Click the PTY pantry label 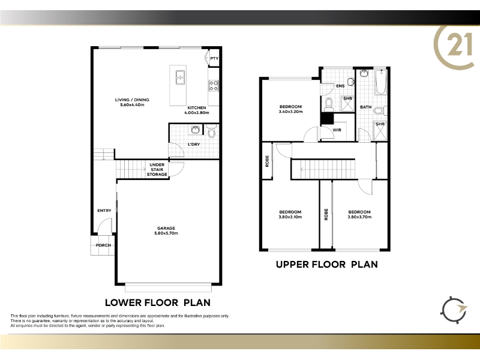tap(214, 58)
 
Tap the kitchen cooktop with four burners tap(214, 86)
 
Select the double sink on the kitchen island tap(179, 77)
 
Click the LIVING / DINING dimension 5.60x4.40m tap(132, 104)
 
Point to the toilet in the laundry tap(211, 131)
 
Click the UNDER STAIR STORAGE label tap(157, 170)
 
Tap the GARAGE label tap(166, 228)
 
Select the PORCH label tap(103, 245)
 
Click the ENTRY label tap(104, 211)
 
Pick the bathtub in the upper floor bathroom tap(381, 82)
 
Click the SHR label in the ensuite tap(348, 98)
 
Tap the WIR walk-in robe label tap(337, 130)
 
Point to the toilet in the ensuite tap(328, 104)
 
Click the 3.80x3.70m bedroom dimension tap(359, 217)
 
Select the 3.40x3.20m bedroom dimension tap(290, 112)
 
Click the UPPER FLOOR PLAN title tap(326, 265)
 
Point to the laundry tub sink tap(196, 130)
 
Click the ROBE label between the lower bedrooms tap(326, 214)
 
